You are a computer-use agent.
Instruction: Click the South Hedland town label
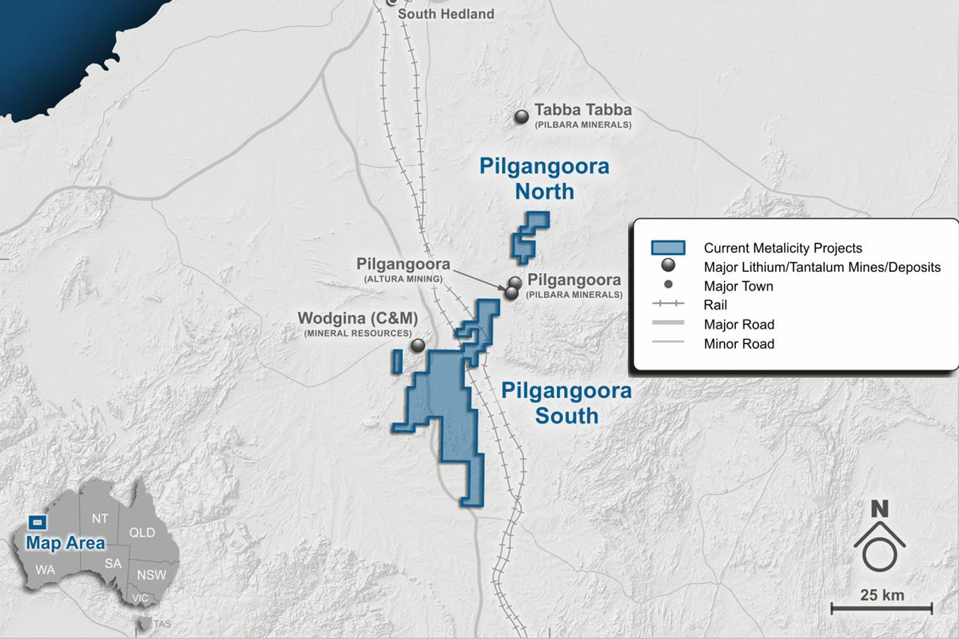point(446,14)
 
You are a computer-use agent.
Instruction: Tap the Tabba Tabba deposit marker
point(522,117)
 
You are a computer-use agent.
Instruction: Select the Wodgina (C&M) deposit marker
point(418,345)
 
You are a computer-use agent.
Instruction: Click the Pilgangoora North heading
point(544,178)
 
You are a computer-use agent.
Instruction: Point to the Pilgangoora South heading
point(566,403)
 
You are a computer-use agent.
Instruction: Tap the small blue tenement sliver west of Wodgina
point(398,361)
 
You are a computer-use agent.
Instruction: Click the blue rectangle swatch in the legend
point(668,248)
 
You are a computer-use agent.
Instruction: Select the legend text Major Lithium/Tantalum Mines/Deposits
point(822,268)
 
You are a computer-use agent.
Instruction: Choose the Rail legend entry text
point(715,305)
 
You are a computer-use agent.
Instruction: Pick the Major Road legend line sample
point(668,323)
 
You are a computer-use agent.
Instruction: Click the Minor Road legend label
point(739,343)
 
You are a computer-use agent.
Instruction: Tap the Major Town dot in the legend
point(668,284)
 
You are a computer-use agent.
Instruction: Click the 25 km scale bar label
point(882,595)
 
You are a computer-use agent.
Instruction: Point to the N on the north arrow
point(879,509)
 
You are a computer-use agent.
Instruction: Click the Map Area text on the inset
point(65,543)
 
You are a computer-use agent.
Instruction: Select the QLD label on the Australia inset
point(142,532)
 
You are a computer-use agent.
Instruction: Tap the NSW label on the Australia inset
point(151,575)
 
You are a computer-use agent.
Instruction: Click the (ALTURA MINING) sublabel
point(403,279)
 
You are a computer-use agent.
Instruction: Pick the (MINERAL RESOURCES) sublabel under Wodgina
point(358,333)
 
